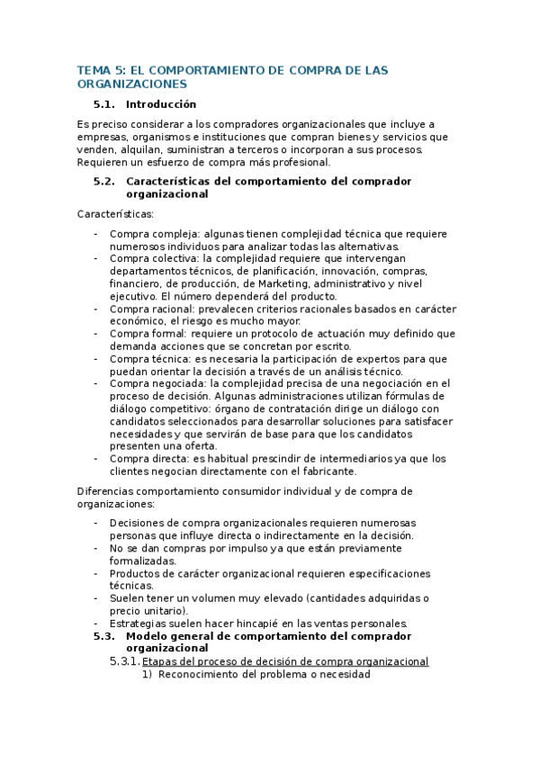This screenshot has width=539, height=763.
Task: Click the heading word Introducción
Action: point(161,104)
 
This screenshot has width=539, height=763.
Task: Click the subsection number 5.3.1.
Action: point(124,661)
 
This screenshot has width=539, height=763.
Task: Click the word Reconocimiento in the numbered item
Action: point(198,674)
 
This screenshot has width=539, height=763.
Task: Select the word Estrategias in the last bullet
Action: point(139,624)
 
